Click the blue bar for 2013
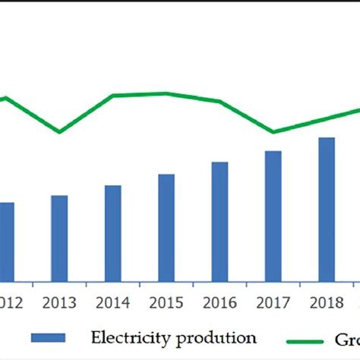(x=59, y=238)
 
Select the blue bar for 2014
(x=113, y=233)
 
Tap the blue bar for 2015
(x=166, y=228)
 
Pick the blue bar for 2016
(x=219, y=222)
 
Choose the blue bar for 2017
(x=273, y=216)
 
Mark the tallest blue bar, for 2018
(x=327, y=210)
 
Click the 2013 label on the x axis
(x=59, y=302)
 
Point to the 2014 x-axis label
(x=113, y=302)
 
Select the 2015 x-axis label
(x=166, y=302)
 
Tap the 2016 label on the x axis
(x=219, y=302)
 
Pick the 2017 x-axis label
(x=273, y=302)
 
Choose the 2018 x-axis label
(x=327, y=302)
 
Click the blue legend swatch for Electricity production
(x=48, y=337)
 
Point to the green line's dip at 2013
(x=59, y=132)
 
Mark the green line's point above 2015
(x=166, y=93)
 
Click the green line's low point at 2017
(x=273, y=132)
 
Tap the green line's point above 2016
(x=219, y=101)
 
